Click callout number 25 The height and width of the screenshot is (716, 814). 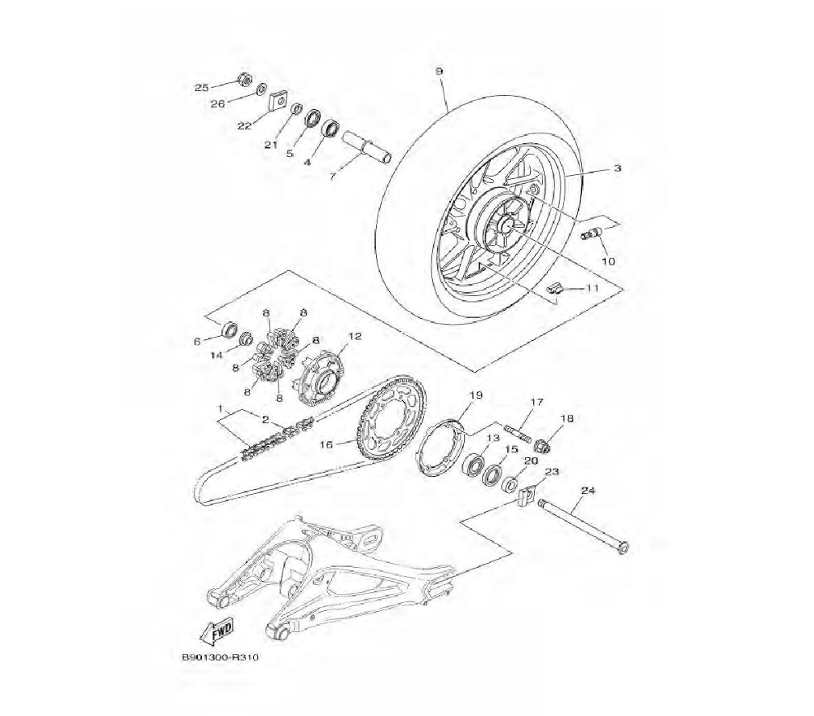201,88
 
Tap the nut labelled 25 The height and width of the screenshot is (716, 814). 243,80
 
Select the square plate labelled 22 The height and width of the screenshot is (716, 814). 278,101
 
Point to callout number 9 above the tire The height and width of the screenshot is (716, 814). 440,71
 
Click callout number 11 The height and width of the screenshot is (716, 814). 593,287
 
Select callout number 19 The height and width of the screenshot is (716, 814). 475,395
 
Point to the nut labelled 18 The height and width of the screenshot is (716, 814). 542,444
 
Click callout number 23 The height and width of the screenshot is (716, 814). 552,472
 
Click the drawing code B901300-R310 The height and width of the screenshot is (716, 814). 220,657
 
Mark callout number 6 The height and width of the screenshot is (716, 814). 197,342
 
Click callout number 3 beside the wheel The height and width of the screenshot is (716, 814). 617,168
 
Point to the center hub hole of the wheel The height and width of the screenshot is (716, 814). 506,225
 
